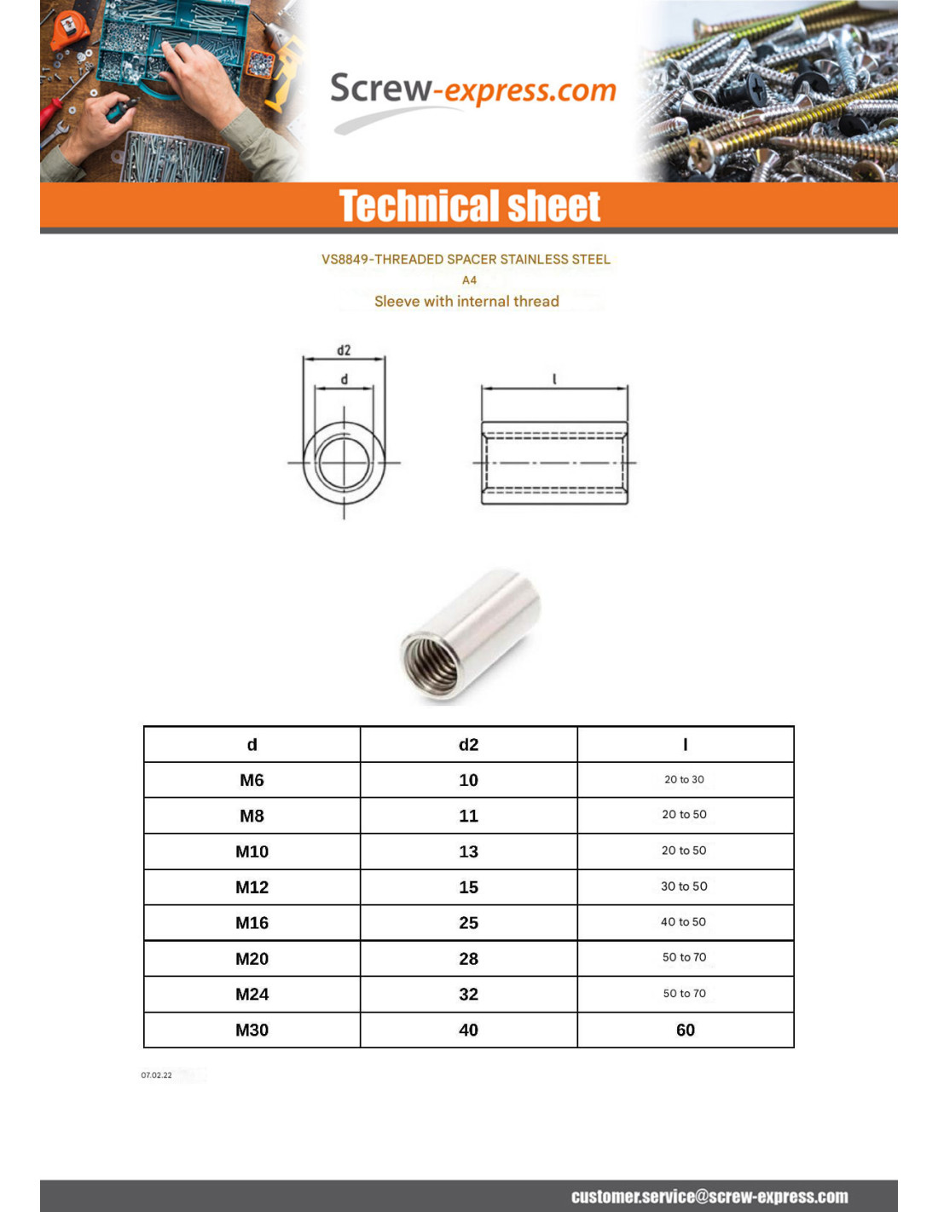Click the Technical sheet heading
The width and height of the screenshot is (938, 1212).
coord(470,206)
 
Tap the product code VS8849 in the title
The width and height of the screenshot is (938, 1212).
coord(345,259)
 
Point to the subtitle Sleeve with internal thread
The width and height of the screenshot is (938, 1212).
coord(466,301)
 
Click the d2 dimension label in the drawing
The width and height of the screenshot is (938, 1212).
coord(344,350)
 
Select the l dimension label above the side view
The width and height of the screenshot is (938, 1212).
coord(554,378)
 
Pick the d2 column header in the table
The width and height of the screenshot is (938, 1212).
coord(468,744)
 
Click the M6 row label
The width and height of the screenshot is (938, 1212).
coord(252,780)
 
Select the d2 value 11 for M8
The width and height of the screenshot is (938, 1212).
coord(468,816)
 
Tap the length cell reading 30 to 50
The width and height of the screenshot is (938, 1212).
coord(684,886)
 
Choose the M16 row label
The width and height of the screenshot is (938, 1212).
coord(252,923)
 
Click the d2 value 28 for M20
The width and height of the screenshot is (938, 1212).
coord(468,959)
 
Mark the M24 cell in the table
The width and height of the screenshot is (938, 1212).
coord(252,995)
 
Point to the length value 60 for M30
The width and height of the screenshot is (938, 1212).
coord(685,1030)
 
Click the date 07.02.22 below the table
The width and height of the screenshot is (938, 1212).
coord(156,1076)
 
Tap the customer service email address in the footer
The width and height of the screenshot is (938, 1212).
coord(709,1197)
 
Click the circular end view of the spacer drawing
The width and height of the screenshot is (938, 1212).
coord(344,464)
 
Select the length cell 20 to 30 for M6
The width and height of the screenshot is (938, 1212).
coord(684,780)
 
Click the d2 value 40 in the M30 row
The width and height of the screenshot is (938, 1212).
coord(468,1030)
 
